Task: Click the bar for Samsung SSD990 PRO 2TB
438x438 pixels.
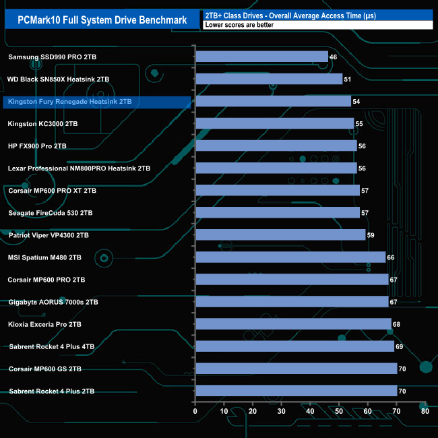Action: click(261, 57)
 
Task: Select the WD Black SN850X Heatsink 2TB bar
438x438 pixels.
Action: click(269, 80)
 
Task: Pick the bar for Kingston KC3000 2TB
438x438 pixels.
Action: click(274, 124)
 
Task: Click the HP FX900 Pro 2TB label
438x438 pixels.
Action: click(37, 146)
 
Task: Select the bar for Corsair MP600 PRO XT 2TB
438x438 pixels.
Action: click(277, 191)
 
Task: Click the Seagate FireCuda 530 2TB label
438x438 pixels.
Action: click(49, 213)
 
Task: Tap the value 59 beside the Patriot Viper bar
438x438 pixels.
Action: click(371, 235)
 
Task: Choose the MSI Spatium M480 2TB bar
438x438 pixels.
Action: click(290, 257)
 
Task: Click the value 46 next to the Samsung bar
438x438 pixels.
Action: click(334, 57)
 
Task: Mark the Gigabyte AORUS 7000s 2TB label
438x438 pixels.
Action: click(53, 302)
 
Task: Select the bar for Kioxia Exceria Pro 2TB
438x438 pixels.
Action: click(293, 324)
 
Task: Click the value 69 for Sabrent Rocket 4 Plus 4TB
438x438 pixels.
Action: click(400, 346)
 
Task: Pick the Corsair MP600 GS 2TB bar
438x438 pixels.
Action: click(296, 369)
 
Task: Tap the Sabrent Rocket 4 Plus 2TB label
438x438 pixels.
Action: click(51, 391)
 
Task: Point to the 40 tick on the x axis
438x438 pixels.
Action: click(310, 411)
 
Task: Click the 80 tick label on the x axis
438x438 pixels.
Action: click(425, 411)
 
